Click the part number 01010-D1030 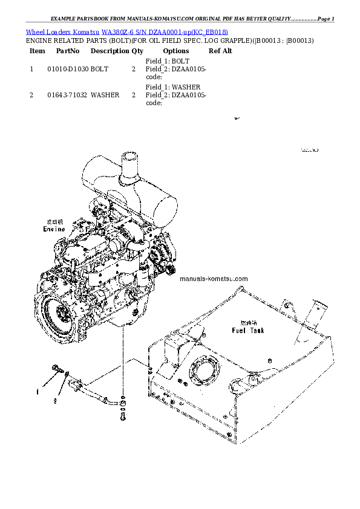[68, 70]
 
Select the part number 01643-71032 [68, 96]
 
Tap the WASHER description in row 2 [105, 96]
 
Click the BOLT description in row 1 [100, 70]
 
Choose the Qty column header [138, 51]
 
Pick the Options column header [176, 51]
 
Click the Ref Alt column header [220, 51]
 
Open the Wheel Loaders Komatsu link [63, 31]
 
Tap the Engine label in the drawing [54, 229]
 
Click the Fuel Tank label [248, 331]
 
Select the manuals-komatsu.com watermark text [214, 279]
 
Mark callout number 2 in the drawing [54, 400]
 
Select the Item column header [37, 51]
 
